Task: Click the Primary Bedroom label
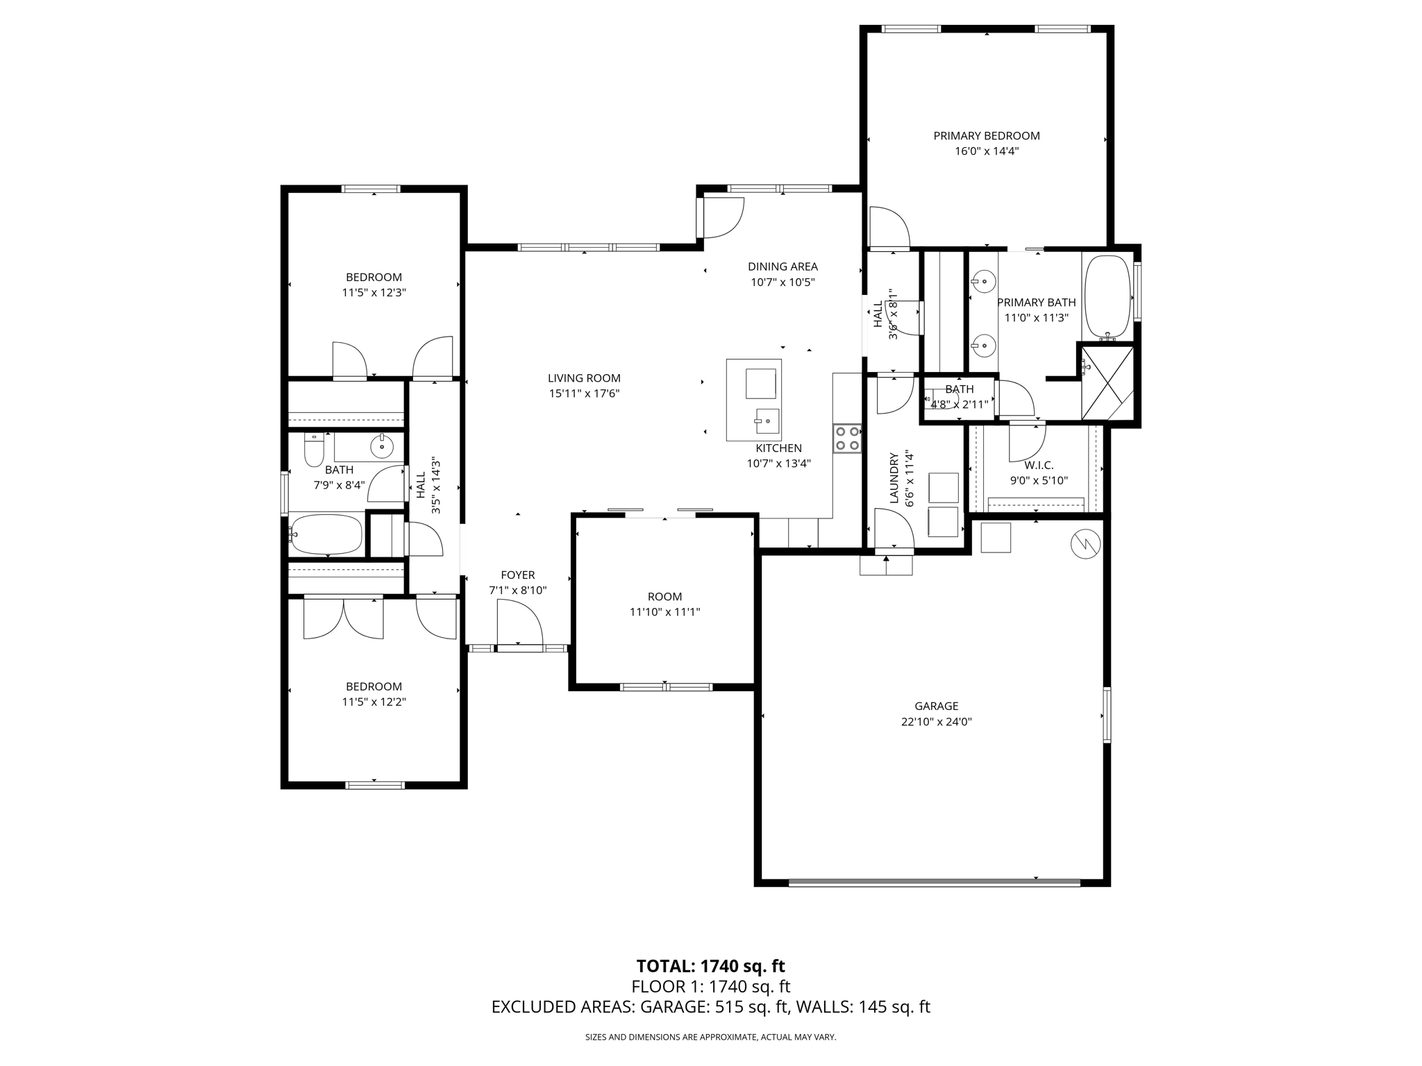pyautogui.click(x=986, y=136)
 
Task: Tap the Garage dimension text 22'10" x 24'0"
pyautogui.click(x=936, y=722)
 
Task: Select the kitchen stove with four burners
pyautogui.click(x=847, y=438)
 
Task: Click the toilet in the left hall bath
pyautogui.click(x=314, y=450)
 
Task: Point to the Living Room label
pyautogui.click(x=584, y=378)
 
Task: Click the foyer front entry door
pyautogui.click(x=519, y=625)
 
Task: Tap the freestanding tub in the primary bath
pyautogui.click(x=1108, y=296)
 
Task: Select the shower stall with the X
pyautogui.click(x=1107, y=383)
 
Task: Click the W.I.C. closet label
pyautogui.click(x=1039, y=466)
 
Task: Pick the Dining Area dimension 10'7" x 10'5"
pyautogui.click(x=783, y=282)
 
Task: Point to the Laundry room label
pyautogui.click(x=894, y=478)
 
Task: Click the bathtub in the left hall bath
pyautogui.click(x=326, y=534)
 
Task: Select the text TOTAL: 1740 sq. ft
pyautogui.click(x=710, y=966)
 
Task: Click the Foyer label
pyautogui.click(x=518, y=575)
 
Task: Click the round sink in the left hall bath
pyautogui.click(x=382, y=447)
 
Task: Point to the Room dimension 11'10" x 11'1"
pyautogui.click(x=664, y=612)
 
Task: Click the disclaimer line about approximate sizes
pyautogui.click(x=710, y=1038)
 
